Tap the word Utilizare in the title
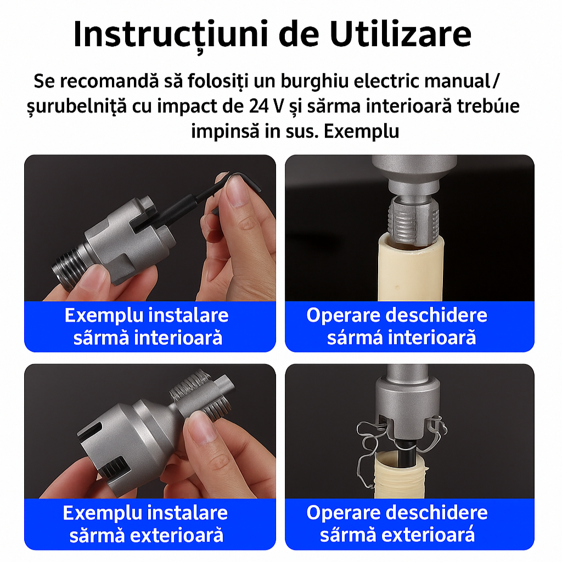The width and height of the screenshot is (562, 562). pos(400,34)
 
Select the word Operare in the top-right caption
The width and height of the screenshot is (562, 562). pos(343,316)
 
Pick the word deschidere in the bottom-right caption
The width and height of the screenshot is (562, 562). pos(436,513)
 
